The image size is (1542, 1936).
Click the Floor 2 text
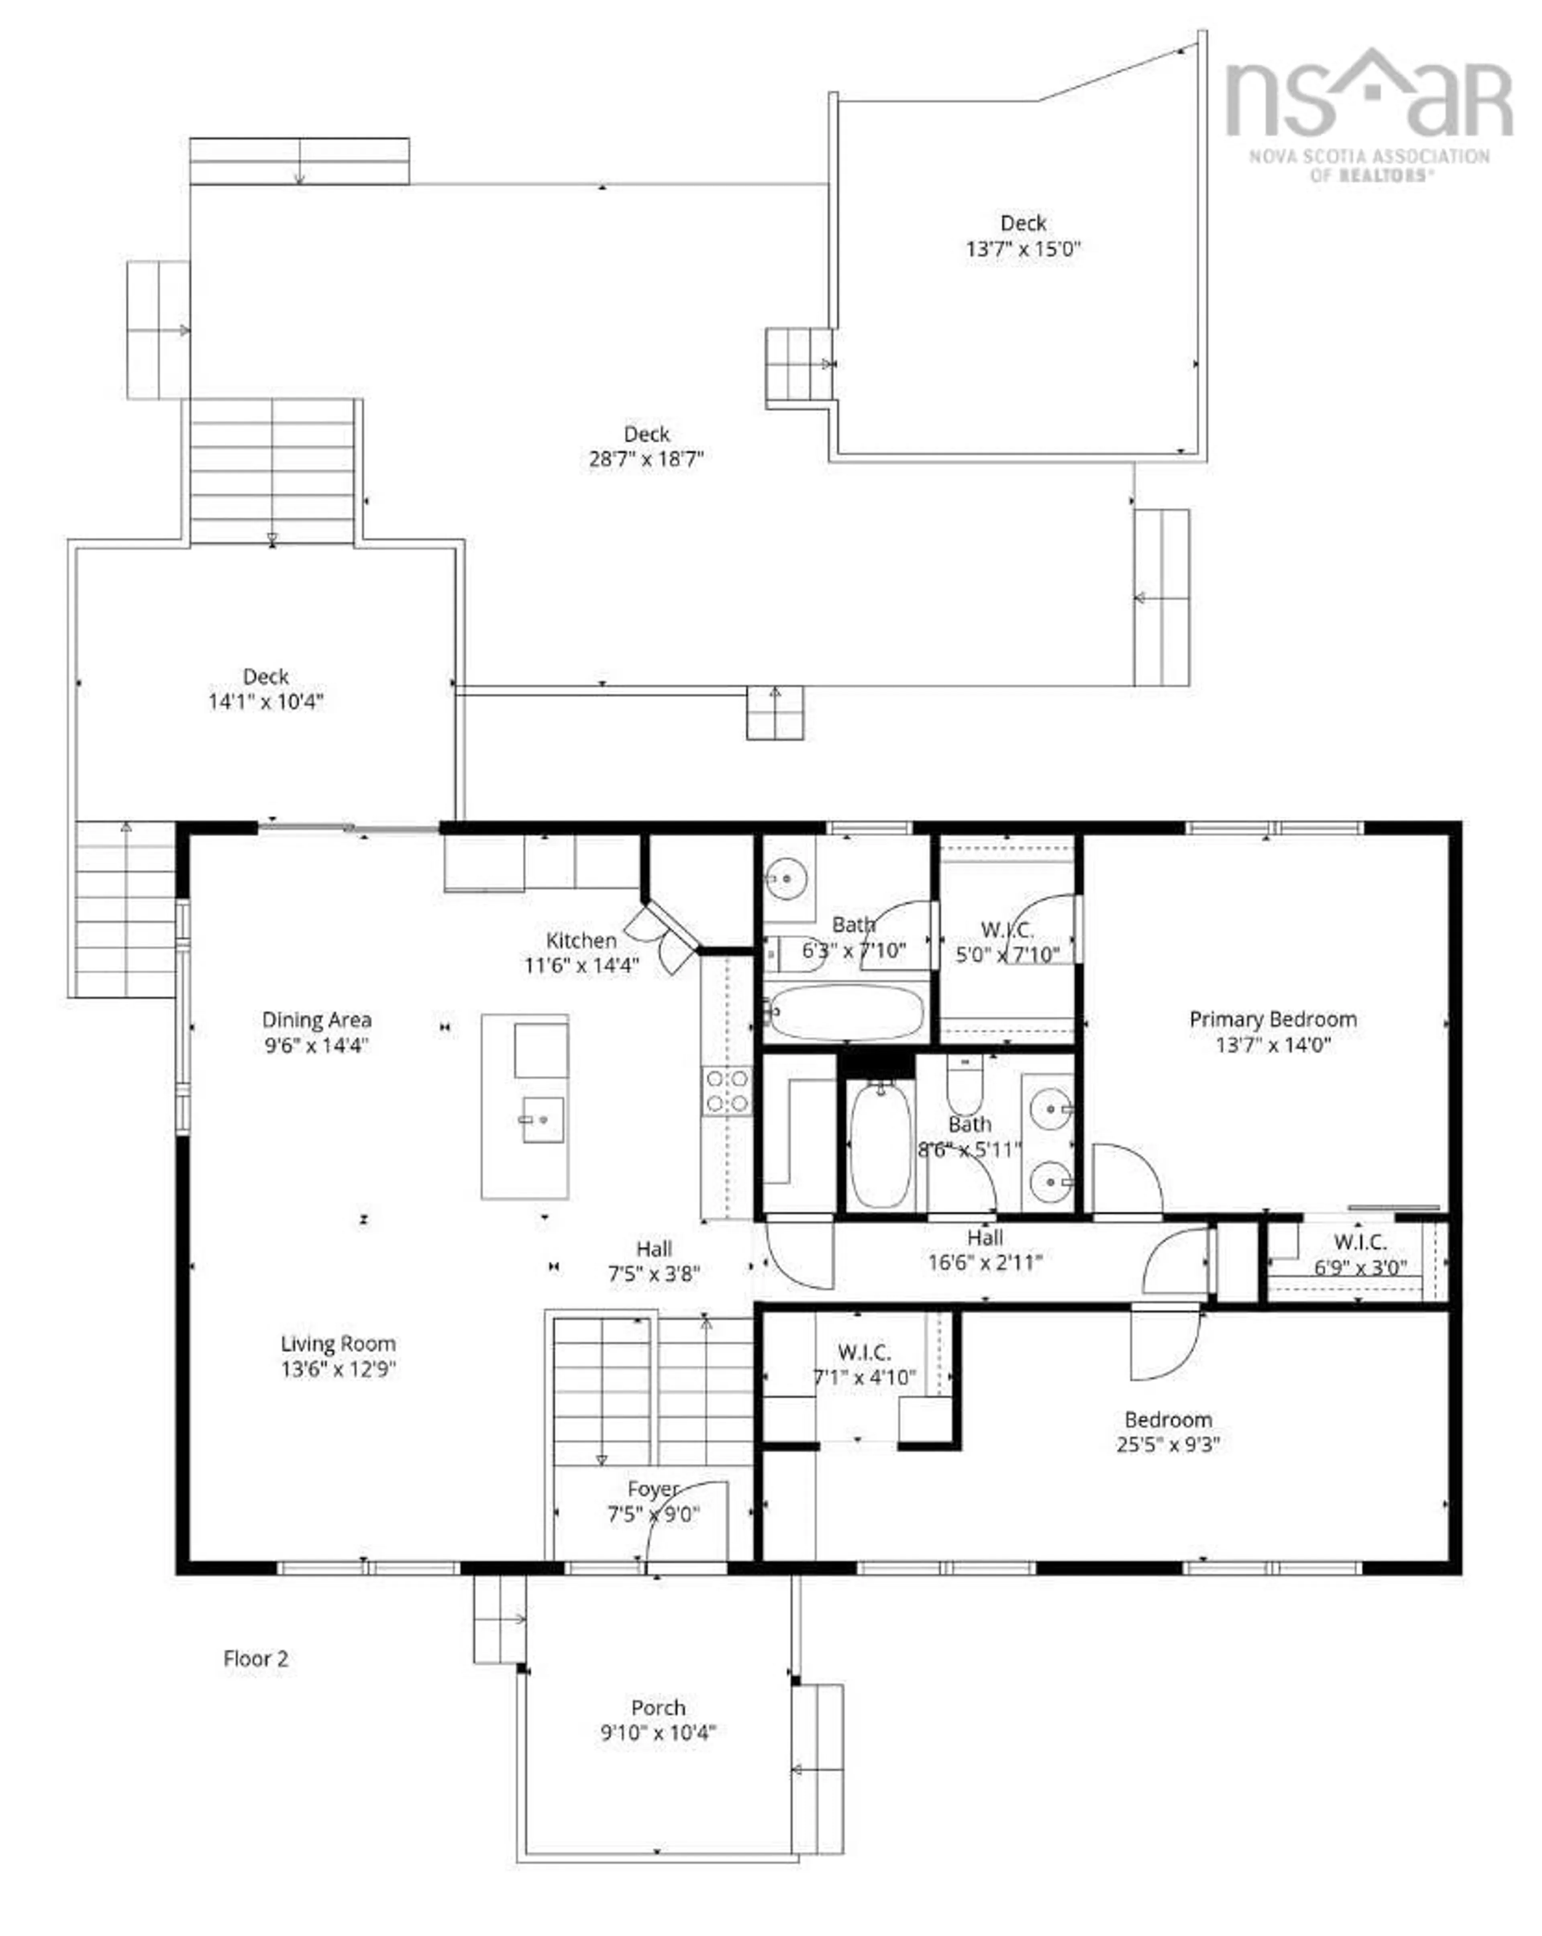256,1658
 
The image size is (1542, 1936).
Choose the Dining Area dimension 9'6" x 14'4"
316,1045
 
